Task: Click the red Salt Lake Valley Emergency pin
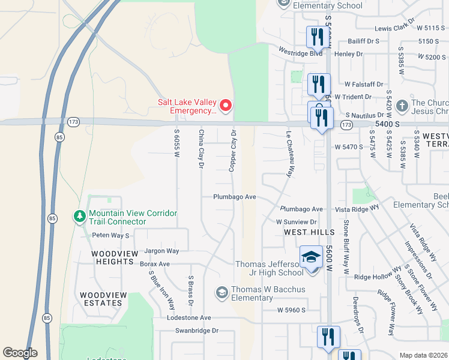coord(226,106)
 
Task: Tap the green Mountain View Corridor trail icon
coord(79,216)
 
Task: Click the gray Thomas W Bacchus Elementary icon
coord(221,292)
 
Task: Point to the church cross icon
coord(402,106)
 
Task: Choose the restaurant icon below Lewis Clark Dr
coord(315,38)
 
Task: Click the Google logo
coord(20,353)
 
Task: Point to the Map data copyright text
coord(423,355)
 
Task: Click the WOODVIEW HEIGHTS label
coord(112,257)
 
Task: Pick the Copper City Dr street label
coord(233,151)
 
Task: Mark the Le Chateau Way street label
coord(289,154)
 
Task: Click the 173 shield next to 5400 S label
coord(346,125)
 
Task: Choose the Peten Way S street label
coord(110,236)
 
